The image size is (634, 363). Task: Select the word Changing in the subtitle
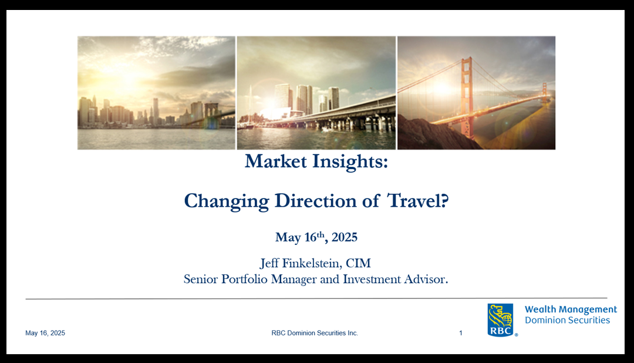pos(227,201)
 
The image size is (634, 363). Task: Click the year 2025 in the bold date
pos(345,237)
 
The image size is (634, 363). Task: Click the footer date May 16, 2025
pos(45,333)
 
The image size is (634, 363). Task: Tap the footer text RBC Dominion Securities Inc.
pos(315,333)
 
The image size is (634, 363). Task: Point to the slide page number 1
pos(461,333)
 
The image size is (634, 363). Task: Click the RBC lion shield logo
pos(500,320)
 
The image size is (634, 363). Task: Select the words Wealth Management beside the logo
pos(571,310)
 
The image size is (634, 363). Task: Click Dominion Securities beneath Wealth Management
pos(567,320)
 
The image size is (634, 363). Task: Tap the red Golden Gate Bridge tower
pos(467,97)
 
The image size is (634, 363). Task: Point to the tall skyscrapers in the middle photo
pos(307,99)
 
